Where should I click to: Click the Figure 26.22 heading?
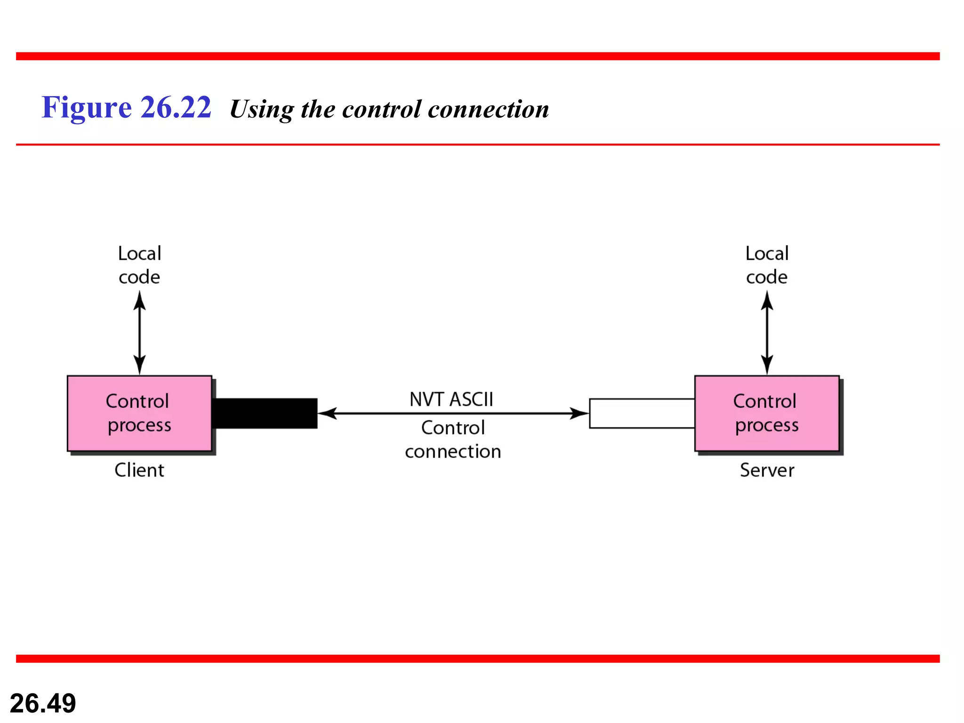click(x=126, y=107)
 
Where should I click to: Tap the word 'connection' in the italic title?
click(x=488, y=109)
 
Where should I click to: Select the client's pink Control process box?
click(x=139, y=413)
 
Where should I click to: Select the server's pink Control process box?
click(x=767, y=413)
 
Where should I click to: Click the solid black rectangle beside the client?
click(x=265, y=413)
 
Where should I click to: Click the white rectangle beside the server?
click(x=642, y=413)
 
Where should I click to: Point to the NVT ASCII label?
click(x=451, y=399)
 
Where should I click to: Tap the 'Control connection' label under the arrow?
click(x=453, y=439)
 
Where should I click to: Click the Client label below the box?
click(x=139, y=470)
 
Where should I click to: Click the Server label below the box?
click(x=767, y=470)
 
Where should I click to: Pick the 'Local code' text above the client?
click(x=139, y=265)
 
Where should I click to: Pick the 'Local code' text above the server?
click(x=767, y=265)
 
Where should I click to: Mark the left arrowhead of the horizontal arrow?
click(x=328, y=413)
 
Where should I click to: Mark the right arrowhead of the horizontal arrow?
click(x=579, y=413)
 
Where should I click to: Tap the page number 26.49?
click(x=43, y=703)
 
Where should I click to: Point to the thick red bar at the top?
click(x=477, y=56)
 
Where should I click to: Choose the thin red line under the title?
click(x=477, y=145)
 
